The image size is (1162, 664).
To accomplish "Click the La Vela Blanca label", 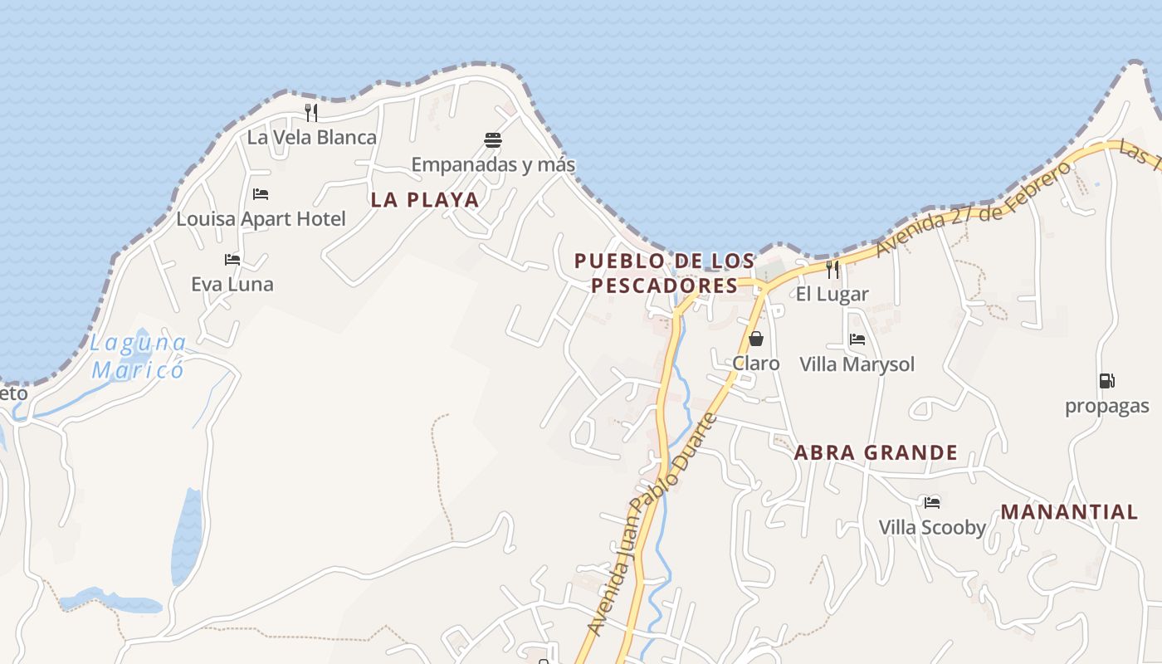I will tap(312, 138).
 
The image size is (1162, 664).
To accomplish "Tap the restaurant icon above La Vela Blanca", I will tap(311, 112).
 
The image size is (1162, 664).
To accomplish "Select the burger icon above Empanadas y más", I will tap(493, 139).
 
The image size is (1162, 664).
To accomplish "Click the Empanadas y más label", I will tap(493, 164).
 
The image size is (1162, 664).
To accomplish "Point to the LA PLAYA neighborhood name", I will tap(425, 200).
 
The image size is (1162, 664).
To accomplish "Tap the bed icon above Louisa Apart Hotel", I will tap(261, 194).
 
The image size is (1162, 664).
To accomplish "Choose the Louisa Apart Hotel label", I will tap(261, 219).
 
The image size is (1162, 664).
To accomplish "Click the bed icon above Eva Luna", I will tap(232, 260).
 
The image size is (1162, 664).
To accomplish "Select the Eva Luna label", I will tap(232, 285).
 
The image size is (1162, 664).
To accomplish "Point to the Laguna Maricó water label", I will tap(139, 356).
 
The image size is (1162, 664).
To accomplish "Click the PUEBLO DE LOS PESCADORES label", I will tap(664, 273).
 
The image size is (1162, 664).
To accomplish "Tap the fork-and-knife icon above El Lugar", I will tap(832, 269).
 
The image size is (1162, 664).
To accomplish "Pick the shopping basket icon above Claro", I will tap(755, 339).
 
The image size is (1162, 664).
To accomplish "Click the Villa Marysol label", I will tap(857, 364).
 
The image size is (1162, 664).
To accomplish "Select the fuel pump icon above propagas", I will tap(1106, 381).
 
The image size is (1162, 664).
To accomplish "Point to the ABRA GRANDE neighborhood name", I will tap(876, 453).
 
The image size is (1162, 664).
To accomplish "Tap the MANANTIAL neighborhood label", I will tap(1069, 512).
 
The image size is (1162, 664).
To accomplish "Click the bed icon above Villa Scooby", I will tap(932, 502).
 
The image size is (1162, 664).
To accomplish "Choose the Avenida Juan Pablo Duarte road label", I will tap(652, 525).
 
